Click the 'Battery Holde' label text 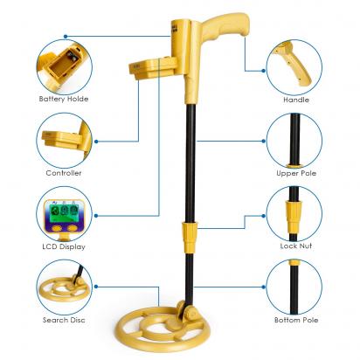64,99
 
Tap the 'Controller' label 64,173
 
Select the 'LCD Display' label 64,246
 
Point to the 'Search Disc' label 64,320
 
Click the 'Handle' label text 296,100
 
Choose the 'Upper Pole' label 296,173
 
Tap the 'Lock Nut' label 296,246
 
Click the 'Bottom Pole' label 296,320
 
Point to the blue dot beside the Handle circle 264,71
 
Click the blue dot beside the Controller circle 96,142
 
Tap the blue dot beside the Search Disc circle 96,287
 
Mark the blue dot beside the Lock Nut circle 264,216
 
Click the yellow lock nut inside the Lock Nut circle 294,215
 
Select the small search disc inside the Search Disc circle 63,289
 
